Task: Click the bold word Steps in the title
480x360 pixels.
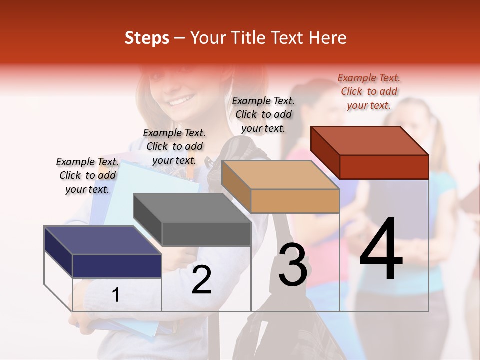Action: pyautogui.click(x=147, y=38)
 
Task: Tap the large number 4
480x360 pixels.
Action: pyautogui.click(x=381, y=250)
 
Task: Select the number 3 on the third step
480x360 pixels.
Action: pyautogui.click(x=293, y=265)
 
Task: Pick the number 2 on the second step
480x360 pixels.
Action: pyautogui.click(x=201, y=280)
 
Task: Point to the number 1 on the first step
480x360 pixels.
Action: pyautogui.click(x=116, y=295)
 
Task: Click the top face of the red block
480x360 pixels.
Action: pyautogui.click(x=369, y=140)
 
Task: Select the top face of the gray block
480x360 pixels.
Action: pyautogui.click(x=191, y=208)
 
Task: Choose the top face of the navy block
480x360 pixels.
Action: pyautogui.click(x=102, y=240)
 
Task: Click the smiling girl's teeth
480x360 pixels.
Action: pyautogui.click(x=179, y=102)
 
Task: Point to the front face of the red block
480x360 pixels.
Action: pyautogui.click(x=384, y=167)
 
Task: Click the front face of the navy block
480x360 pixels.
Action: pyautogui.click(x=117, y=266)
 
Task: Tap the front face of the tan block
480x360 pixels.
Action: pyautogui.click(x=295, y=201)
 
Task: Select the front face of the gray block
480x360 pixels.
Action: pyautogui.click(x=206, y=234)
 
